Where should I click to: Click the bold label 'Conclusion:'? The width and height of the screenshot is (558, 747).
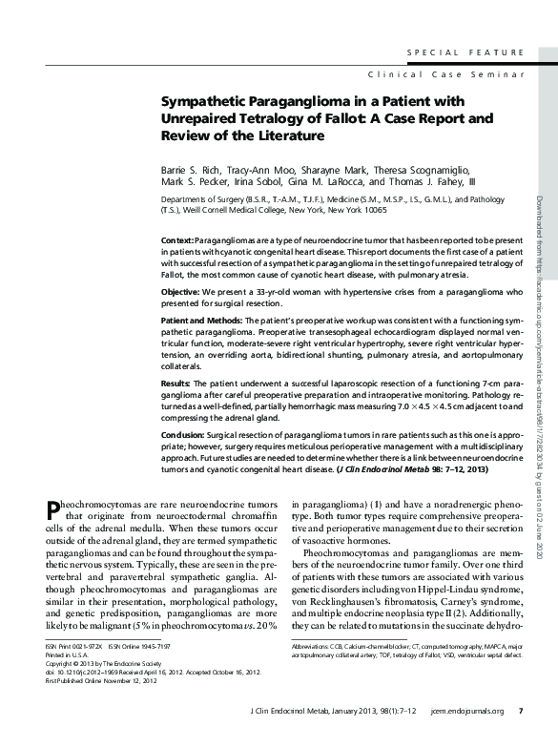(184, 434)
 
